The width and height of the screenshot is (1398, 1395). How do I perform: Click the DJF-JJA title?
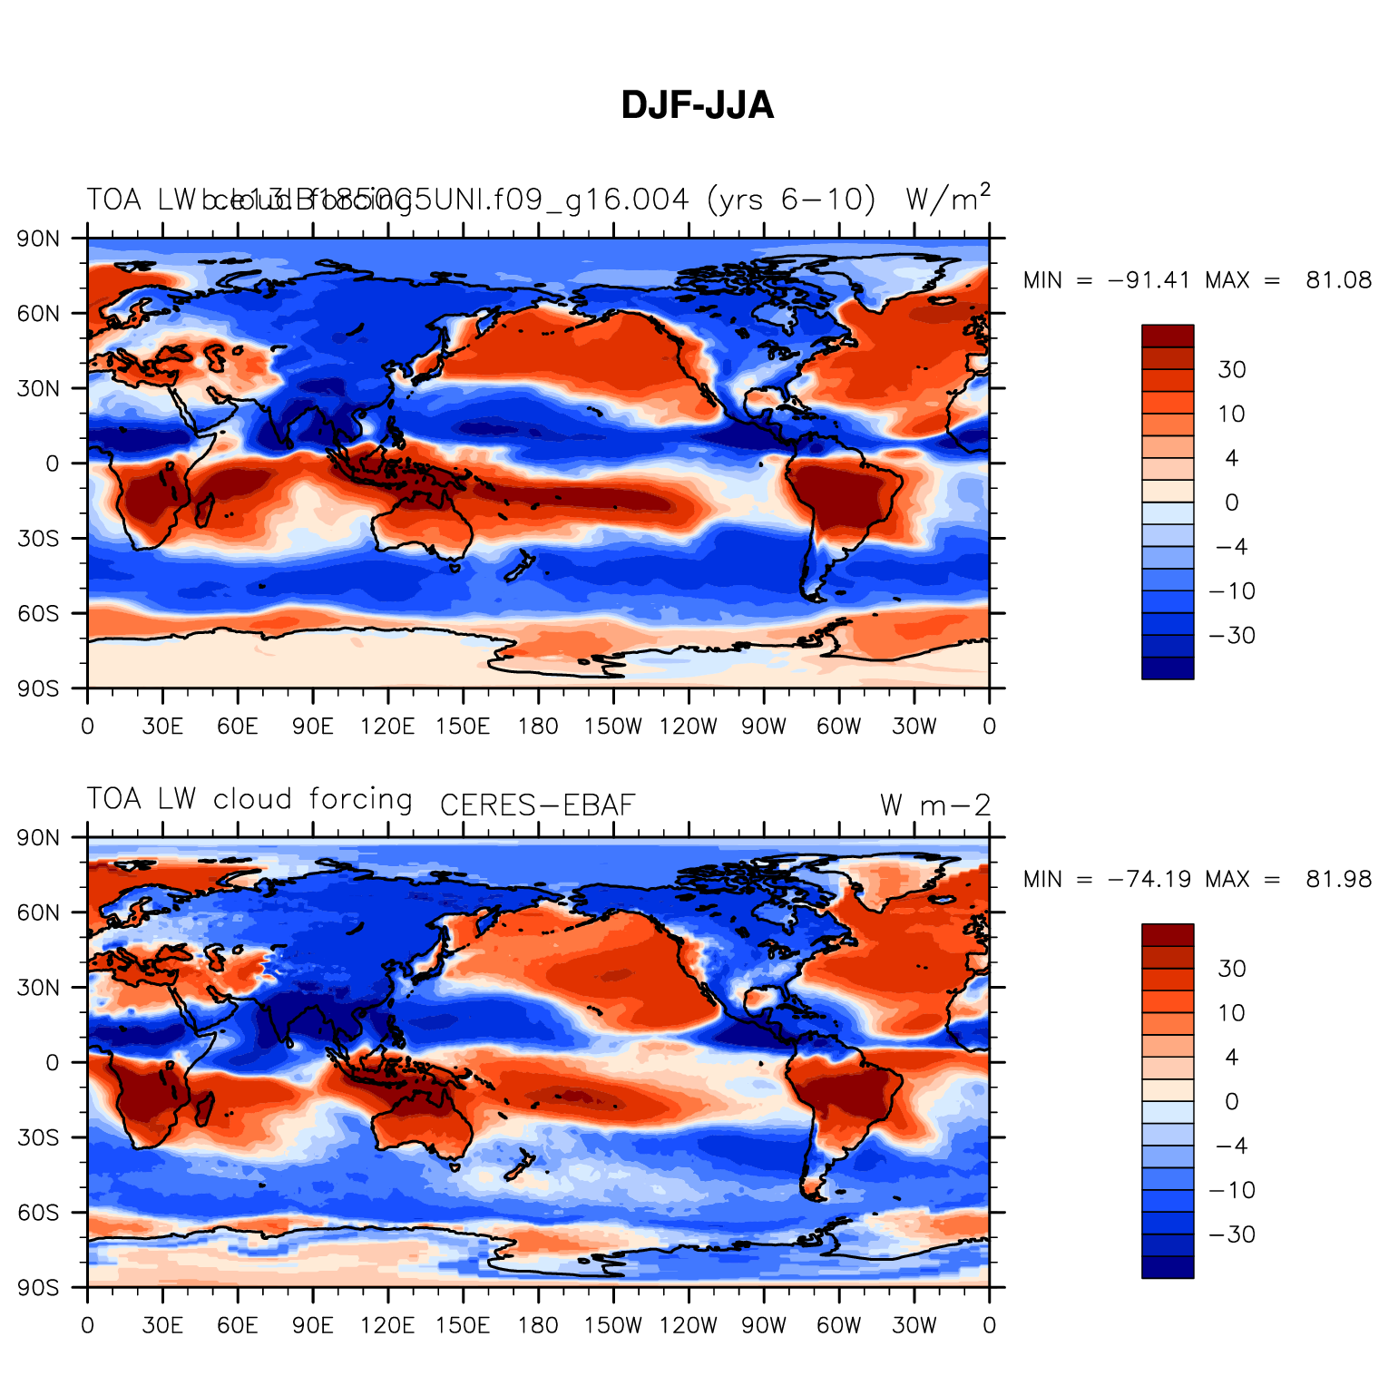tap(697, 106)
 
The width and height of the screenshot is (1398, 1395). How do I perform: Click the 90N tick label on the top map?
tap(39, 239)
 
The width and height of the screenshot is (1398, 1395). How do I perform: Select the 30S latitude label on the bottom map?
tap(39, 1137)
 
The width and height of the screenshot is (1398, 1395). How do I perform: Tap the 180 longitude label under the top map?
tap(538, 727)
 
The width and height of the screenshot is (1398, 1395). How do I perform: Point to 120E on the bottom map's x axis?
tap(387, 1326)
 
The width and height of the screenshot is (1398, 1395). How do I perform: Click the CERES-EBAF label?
tap(537, 805)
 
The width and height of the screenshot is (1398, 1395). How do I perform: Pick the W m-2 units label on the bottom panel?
tap(934, 805)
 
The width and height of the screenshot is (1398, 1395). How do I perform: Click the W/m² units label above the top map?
tap(947, 199)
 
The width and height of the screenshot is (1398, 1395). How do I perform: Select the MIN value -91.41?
tap(1149, 280)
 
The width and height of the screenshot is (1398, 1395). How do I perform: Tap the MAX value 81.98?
tap(1339, 879)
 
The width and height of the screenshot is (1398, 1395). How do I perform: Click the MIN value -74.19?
tap(1149, 879)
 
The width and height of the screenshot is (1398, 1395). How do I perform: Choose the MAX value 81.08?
tap(1339, 280)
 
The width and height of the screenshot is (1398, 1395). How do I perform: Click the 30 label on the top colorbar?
tap(1232, 370)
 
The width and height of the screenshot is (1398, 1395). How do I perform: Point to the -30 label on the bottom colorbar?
tap(1232, 1234)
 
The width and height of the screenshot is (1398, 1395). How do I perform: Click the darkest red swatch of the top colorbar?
tap(1168, 336)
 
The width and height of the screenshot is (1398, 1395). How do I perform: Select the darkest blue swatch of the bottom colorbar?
tap(1168, 1267)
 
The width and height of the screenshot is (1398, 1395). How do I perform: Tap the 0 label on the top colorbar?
tap(1231, 502)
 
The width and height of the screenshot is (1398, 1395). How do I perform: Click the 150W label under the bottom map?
tap(612, 1326)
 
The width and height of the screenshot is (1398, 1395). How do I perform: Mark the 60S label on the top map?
tap(39, 613)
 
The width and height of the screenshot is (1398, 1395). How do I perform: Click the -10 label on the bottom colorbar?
tap(1232, 1190)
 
